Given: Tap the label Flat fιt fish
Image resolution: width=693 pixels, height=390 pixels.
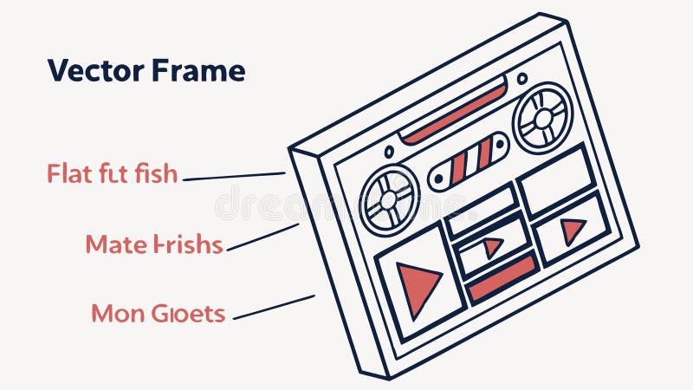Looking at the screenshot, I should click(x=112, y=174).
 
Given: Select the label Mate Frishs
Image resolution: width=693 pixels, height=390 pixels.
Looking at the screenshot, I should click(x=154, y=244).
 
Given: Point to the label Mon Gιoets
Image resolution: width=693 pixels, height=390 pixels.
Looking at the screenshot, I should click(x=159, y=313).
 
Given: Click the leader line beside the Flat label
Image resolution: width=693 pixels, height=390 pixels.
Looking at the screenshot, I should click(x=234, y=176).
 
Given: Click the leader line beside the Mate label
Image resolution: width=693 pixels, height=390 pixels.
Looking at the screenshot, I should click(x=262, y=237).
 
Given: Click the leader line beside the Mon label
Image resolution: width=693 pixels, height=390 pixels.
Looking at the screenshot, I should click(x=274, y=307).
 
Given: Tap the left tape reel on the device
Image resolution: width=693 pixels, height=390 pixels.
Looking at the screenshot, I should click(x=389, y=199).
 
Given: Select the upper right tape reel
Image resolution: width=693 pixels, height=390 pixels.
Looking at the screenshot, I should click(x=542, y=118).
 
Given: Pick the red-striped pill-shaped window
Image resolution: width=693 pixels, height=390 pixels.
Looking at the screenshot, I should click(x=469, y=162).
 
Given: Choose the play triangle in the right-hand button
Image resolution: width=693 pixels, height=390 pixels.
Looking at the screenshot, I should click(x=572, y=231).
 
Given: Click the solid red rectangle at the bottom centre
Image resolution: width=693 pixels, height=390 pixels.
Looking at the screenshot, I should click(x=502, y=278).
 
